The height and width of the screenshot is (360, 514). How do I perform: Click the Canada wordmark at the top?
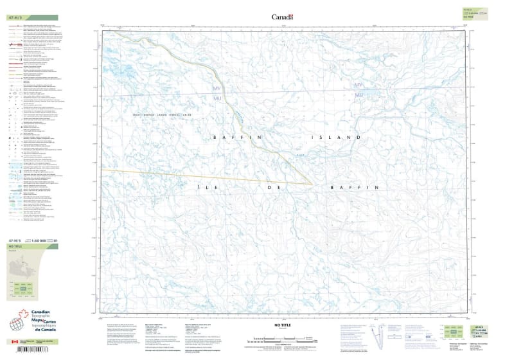point(282,17)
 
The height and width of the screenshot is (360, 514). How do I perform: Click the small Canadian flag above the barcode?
point(15,342)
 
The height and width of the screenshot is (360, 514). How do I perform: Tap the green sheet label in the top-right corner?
point(477,12)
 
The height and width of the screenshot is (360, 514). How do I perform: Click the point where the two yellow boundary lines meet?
point(312,184)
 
